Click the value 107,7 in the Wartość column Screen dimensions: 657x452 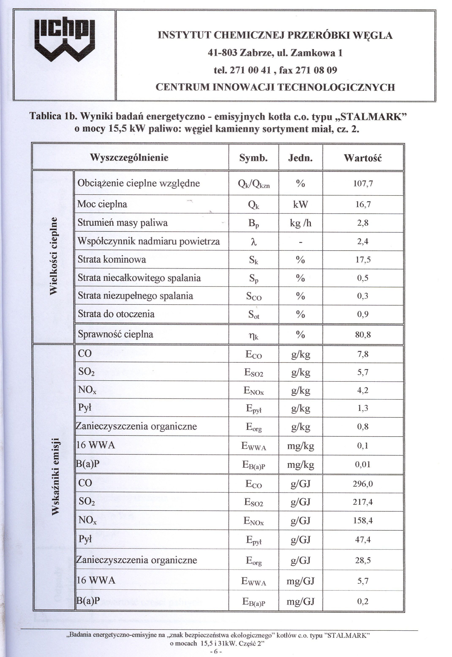(363, 184)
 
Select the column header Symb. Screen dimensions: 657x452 (253, 158)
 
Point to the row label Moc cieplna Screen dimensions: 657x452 (102, 204)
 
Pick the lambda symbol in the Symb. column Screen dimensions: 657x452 (254, 242)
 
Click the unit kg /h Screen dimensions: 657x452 (301, 223)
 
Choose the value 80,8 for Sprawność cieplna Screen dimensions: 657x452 (363, 335)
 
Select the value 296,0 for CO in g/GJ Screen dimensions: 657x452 (363, 484)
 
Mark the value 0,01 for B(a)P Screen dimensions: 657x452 (363, 464)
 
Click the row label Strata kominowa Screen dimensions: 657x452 (112, 260)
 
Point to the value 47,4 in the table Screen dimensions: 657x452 (363, 540)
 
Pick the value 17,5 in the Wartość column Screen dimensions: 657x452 (363, 260)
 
